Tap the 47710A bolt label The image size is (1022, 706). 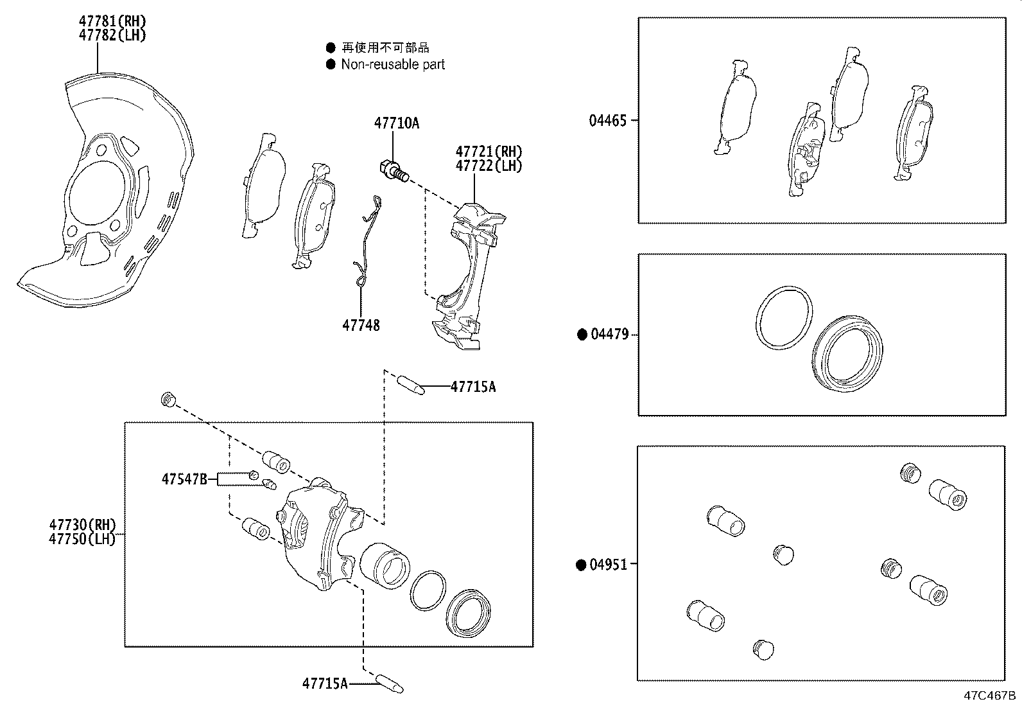coord(397,123)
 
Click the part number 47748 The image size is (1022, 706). coord(361,326)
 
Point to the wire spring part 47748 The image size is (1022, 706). coord(366,244)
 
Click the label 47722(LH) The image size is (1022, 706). coord(489,166)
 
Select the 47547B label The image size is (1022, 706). coord(184,479)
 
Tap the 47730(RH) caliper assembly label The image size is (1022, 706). coord(82,525)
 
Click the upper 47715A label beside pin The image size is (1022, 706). coord(473,387)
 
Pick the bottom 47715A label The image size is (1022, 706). coord(325,684)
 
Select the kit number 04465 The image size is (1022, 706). coord(607,120)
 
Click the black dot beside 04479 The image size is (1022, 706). coord(582,334)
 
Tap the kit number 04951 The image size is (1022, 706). coord(608,565)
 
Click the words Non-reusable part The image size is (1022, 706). coord(392,64)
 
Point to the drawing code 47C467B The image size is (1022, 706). coord(989,696)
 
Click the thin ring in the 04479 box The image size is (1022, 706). coord(783,319)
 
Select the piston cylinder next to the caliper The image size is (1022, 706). coord(384,565)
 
